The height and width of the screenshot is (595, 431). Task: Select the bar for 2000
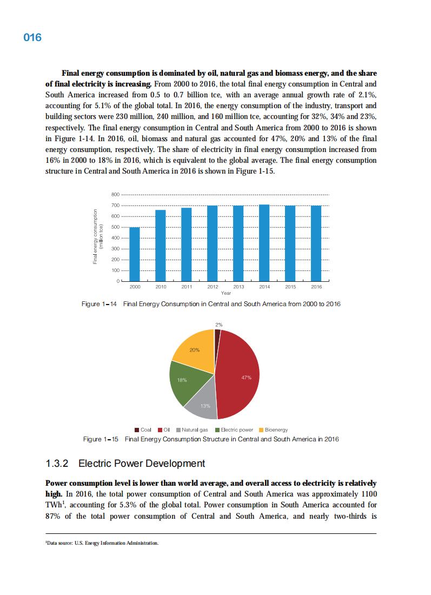click(x=135, y=254)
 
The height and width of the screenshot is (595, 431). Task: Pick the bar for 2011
click(x=187, y=244)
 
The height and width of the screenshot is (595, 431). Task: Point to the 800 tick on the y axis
click(x=115, y=195)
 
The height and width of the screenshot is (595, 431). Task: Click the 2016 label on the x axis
click(x=316, y=287)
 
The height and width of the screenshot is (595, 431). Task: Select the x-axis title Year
click(x=226, y=293)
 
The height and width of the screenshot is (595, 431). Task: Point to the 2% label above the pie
click(x=218, y=325)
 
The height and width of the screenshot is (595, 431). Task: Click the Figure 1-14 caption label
click(x=100, y=304)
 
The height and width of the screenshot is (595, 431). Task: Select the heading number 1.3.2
click(x=59, y=464)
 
